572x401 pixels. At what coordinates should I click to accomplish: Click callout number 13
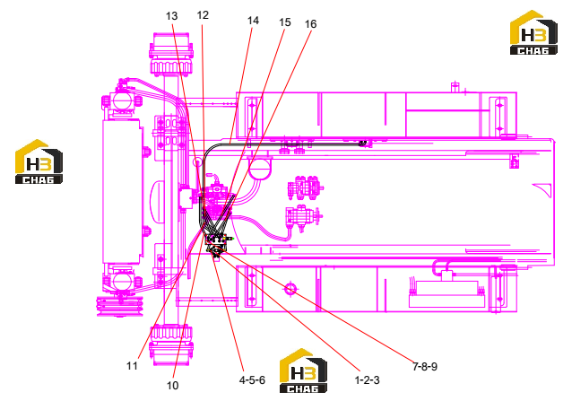tap(171, 16)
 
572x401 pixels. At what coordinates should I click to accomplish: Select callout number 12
tap(203, 15)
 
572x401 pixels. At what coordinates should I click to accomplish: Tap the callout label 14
tap(253, 21)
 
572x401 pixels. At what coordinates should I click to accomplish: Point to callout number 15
tap(284, 22)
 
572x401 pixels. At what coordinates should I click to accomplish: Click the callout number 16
tap(310, 24)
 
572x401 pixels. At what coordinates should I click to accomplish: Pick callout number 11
tap(132, 366)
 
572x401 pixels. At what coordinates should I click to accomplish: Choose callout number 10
tap(172, 386)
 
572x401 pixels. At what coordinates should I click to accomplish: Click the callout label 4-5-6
tap(252, 380)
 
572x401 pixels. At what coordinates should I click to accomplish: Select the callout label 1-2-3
tap(367, 380)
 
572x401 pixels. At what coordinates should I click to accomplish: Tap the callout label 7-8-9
tap(425, 366)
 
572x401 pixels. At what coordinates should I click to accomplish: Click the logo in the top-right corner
tap(533, 33)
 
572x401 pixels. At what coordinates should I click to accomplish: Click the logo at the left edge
tap(39, 161)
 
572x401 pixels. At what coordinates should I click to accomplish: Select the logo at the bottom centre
tap(303, 370)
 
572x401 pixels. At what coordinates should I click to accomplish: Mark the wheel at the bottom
tap(170, 345)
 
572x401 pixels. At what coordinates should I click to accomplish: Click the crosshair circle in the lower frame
tap(290, 289)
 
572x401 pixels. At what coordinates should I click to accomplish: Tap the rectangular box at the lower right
tap(446, 294)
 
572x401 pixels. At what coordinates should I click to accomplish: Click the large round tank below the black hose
tap(260, 169)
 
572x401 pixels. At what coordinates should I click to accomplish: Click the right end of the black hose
tap(362, 144)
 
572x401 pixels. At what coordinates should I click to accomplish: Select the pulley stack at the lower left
tap(119, 306)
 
